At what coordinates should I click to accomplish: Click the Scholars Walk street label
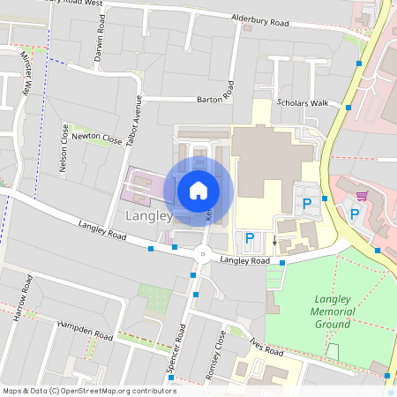coord(302,103)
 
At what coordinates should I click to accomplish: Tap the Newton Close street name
coord(97,137)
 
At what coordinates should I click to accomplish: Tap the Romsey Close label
coord(215,355)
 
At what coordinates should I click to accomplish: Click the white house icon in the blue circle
coord(198,190)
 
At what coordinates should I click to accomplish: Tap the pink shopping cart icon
coord(360,195)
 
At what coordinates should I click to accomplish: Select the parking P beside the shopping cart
coord(355,213)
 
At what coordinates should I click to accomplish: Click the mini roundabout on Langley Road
coord(203,254)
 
